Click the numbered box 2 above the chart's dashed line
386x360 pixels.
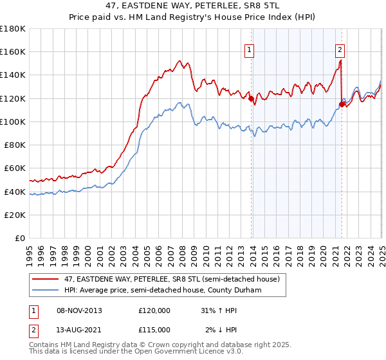coord(340,47)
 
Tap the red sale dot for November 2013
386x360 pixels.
coord(251,98)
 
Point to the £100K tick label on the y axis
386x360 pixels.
coord(13,122)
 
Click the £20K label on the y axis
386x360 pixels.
coord(15,215)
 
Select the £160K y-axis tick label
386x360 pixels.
coord(13,51)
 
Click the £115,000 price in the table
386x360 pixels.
coord(154,329)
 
